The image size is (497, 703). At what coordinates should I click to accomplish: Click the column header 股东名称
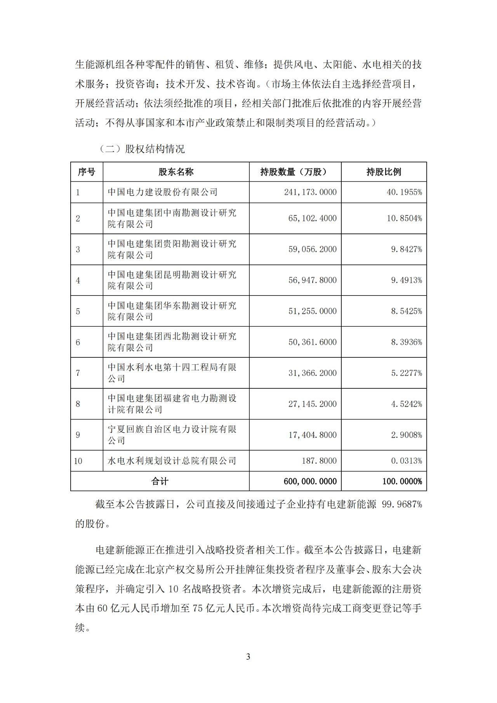point(176,172)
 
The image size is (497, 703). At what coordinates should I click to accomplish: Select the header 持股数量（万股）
point(295,172)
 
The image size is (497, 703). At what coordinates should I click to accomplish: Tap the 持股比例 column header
point(384,172)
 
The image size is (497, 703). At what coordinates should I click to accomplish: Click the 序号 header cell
point(87,172)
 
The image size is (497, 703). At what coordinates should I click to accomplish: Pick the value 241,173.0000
point(310,192)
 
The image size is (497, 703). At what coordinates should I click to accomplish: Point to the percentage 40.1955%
point(404,192)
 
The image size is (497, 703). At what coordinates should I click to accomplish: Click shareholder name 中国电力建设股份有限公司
point(162,192)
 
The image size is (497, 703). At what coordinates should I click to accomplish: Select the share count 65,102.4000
point(312,218)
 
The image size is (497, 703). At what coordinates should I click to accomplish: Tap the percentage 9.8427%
point(406,249)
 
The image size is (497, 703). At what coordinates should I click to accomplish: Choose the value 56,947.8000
point(312,280)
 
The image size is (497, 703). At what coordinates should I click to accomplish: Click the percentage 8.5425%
point(406,311)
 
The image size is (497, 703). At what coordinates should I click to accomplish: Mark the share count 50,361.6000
point(312,342)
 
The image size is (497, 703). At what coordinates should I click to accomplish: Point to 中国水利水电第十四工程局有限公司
point(172,373)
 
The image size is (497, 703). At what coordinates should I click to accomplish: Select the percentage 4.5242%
point(406,404)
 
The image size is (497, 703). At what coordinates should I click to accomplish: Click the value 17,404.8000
point(312,435)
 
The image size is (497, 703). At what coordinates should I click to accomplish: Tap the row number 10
point(78,461)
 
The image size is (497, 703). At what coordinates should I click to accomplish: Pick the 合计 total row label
point(160,482)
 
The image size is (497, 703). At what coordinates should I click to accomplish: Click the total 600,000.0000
point(310,482)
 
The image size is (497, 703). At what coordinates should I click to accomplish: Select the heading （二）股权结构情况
point(142,149)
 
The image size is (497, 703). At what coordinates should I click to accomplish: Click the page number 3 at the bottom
point(248,657)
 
